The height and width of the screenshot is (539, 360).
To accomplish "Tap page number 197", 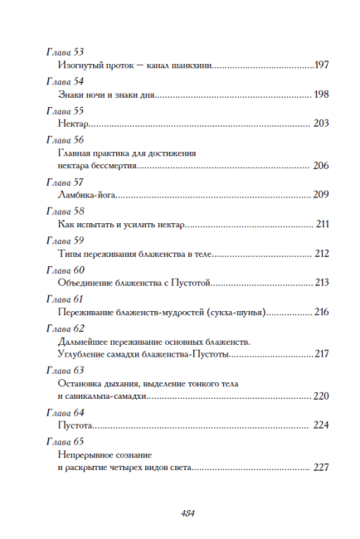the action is point(322,66).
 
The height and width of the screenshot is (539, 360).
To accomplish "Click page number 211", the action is point(323,224).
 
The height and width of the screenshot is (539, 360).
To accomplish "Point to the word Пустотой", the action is point(192,283).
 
